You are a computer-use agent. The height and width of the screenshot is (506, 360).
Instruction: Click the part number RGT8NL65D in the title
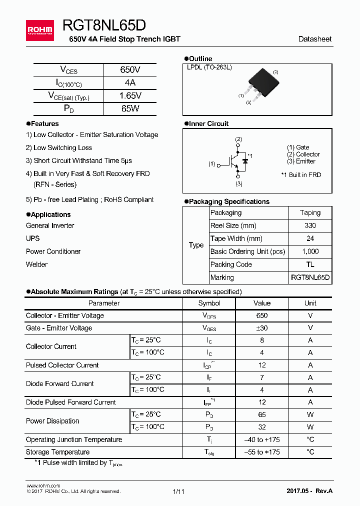pos(104,26)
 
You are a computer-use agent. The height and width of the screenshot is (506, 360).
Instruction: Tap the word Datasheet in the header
pos(314,39)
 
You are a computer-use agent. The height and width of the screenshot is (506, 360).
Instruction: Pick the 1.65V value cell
pos(130,95)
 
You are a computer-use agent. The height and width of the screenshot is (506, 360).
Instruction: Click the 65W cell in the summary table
pos(130,108)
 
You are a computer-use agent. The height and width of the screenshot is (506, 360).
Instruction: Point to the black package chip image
pos(261,80)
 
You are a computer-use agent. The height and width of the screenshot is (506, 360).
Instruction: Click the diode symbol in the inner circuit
pos(245,161)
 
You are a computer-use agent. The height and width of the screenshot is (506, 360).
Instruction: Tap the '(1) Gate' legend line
pos(298,147)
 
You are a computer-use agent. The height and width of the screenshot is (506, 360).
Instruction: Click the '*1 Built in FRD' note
pos(301,175)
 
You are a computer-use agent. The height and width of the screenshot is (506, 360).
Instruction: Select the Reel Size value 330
pos(310,225)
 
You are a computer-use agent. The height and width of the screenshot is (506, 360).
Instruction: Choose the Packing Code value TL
pos(310,264)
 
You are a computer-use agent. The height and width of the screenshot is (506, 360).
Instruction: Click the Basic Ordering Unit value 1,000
pos(310,251)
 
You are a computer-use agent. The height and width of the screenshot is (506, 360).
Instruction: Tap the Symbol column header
pos(209,303)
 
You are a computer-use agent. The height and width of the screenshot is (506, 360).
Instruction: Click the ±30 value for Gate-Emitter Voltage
pos(262,328)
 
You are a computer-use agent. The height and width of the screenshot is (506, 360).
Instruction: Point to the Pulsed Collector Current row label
pos(62,365)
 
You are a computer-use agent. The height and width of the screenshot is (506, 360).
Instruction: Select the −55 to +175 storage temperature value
pos(262,452)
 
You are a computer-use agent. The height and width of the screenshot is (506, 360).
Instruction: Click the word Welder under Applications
pos(37,264)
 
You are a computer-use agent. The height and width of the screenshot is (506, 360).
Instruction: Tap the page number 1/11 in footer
pos(178,491)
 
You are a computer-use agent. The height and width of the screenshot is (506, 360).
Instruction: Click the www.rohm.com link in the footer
pos(43,485)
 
